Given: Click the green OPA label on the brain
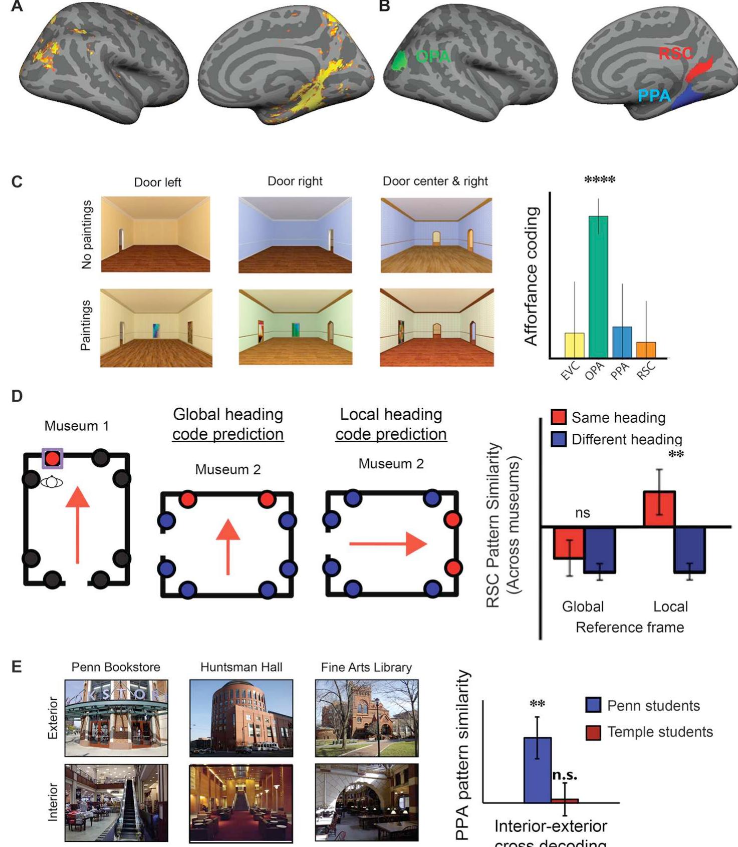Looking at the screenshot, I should click(433, 56).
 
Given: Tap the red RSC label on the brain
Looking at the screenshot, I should click(675, 53).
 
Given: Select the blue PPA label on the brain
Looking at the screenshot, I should click(654, 95).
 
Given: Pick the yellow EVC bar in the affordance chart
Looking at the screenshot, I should click(574, 345).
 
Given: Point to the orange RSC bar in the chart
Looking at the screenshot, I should click(646, 350).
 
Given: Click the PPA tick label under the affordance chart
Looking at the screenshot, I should click(620, 371).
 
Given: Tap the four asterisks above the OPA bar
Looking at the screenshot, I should click(599, 180).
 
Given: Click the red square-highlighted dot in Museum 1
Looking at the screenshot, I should click(53, 458).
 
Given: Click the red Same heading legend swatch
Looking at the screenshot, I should click(558, 417).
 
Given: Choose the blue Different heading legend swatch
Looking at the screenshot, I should click(558, 439).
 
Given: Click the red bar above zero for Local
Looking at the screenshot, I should click(659, 509).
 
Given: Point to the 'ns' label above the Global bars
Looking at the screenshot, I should click(582, 513).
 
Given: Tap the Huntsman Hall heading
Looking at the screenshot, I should click(241, 667).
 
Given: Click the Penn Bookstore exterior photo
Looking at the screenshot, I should click(116, 718).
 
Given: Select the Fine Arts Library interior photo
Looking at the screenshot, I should click(367, 802).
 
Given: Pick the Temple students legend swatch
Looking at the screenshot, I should click(593, 732).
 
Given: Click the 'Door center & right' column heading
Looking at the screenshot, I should click(435, 181).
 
